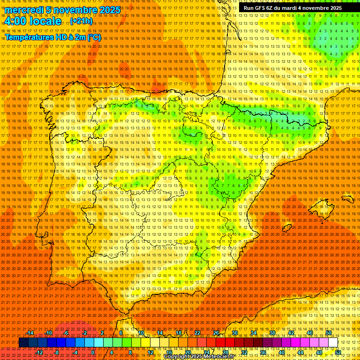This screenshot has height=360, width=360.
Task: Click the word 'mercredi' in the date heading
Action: coord(24,10)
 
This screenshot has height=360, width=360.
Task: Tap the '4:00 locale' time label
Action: coord(33,22)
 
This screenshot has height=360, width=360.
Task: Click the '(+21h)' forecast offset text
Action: coord(81,22)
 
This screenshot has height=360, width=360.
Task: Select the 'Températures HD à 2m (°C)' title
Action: coord(52,37)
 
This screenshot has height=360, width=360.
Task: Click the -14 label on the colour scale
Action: coord(30,333)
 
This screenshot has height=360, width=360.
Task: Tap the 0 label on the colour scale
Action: coord(93,352)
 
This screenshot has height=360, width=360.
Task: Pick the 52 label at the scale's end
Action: coord(338,352)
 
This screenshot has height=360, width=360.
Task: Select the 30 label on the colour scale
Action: coord(234,333)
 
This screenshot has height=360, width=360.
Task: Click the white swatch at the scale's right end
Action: coord(333,343)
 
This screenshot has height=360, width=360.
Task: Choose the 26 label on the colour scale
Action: coord(216,333)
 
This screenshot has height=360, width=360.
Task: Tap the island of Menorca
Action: coord(347,199)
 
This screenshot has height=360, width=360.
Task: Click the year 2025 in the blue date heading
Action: coord(106,10)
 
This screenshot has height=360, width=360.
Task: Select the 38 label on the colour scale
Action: coord(272,333)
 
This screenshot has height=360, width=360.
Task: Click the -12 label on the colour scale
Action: coord(39,352)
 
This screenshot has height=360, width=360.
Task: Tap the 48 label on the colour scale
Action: coord(319,352)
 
